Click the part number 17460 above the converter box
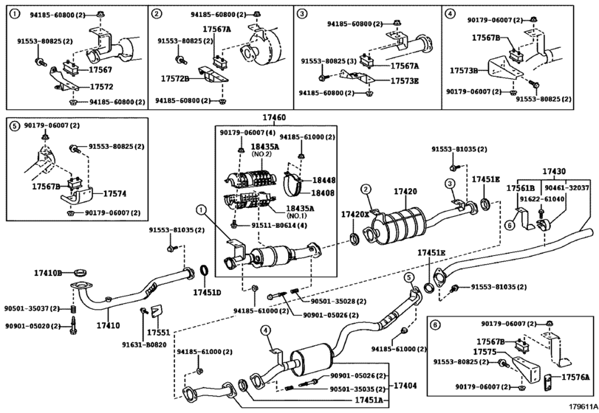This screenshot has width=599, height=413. coord(274,118)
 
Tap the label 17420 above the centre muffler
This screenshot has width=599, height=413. coord(405,192)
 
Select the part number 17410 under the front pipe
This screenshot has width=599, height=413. coord(108,325)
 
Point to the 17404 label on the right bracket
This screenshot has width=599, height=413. coord(405,386)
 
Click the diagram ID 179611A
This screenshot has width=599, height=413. coord(583,407)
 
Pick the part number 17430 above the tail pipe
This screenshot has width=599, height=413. coord(554,172)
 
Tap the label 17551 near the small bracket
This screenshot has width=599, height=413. coord(159,333)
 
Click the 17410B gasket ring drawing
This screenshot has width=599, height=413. coord(81,273)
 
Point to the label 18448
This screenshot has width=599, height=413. coord(324,180)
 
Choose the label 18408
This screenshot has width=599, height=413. coord(323,193)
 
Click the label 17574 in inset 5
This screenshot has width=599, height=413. coord(114,194)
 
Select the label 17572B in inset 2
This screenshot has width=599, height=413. coord(175,79)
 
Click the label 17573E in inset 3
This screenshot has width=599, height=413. coord(405,81)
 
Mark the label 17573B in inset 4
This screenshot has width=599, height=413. coord(464,71)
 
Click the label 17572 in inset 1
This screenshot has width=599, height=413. coord(101,86)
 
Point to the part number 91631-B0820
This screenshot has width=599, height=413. coord(144,344)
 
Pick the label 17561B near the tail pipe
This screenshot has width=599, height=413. coord(520,188)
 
